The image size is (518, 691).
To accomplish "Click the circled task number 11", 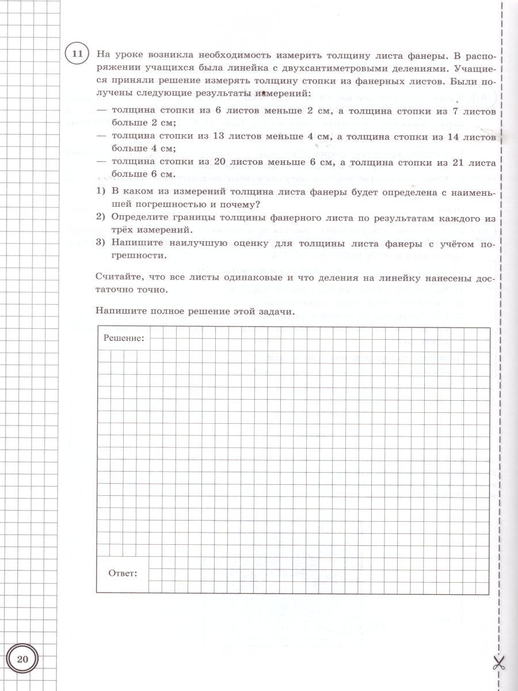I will click(x=78, y=55).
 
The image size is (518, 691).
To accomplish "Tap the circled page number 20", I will click(x=22, y=659).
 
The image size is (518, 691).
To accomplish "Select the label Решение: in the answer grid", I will click(x=124, y=337).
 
